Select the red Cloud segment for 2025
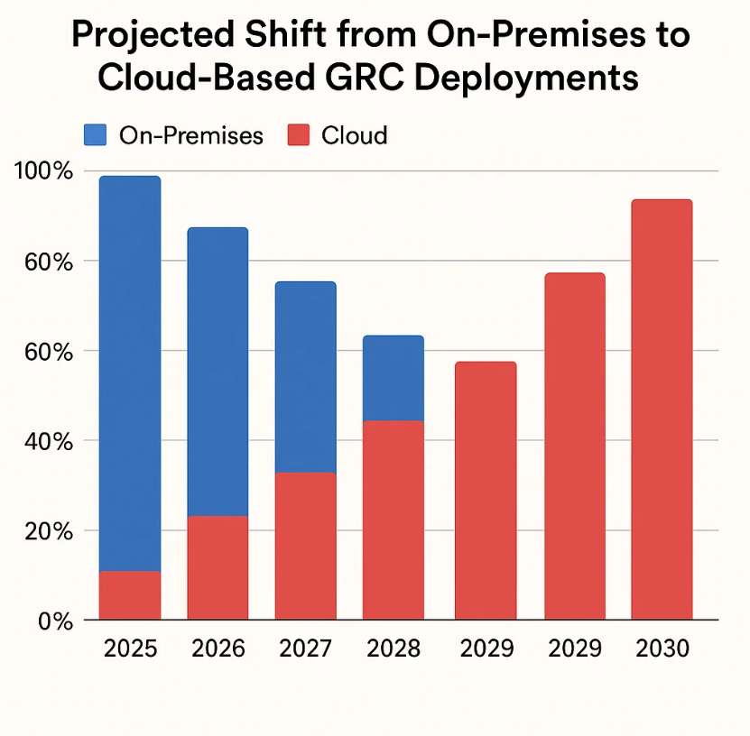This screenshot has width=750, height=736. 130,595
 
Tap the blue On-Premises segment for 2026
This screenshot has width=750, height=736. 218,371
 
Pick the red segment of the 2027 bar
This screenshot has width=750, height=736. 305,546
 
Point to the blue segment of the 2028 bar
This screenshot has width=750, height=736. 394,378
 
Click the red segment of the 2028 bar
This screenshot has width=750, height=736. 394,520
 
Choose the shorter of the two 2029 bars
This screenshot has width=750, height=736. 486,491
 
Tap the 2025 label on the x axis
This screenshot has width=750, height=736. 130,649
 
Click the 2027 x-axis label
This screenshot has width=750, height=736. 305,649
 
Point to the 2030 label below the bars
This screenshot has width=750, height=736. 662,649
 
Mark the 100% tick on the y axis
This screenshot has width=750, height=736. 42,171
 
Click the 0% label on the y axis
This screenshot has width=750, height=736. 51,621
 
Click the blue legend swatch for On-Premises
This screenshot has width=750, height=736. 95,135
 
